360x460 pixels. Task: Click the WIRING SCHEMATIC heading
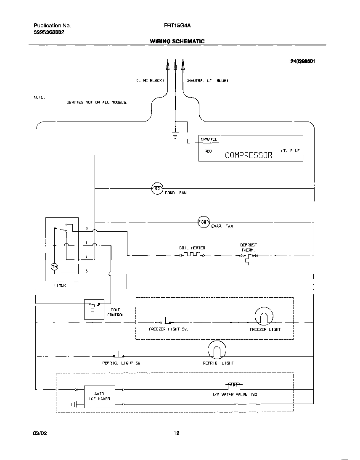pyautogui.click(x=177, y=41)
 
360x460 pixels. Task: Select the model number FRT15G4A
pyautogui.click(x=177, y=25)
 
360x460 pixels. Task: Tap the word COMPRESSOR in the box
pyautogui.click(x=249, y=155)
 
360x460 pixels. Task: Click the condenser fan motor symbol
pyautogui.click(x=157, y=189)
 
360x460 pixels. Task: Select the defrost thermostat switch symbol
pyautogui.click(x=247, y=257)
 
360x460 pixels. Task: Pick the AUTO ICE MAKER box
pyautogui.click(x=99, y=397)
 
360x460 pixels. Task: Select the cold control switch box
pyautogui.click(x=94, y=309)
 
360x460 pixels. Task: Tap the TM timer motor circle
pyautogui.click(x=54, y=267)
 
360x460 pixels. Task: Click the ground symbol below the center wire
pyautogui.click(x=175, y=135)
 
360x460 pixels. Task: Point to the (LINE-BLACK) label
pyautogui.click(x=150, y=80)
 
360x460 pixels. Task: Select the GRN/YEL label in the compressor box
pyautogui.click(x=209, y=140)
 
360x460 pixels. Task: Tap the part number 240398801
pyautogui.click(x=302, y=61)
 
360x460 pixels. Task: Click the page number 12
pyautogui.click(x=177, y=434)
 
